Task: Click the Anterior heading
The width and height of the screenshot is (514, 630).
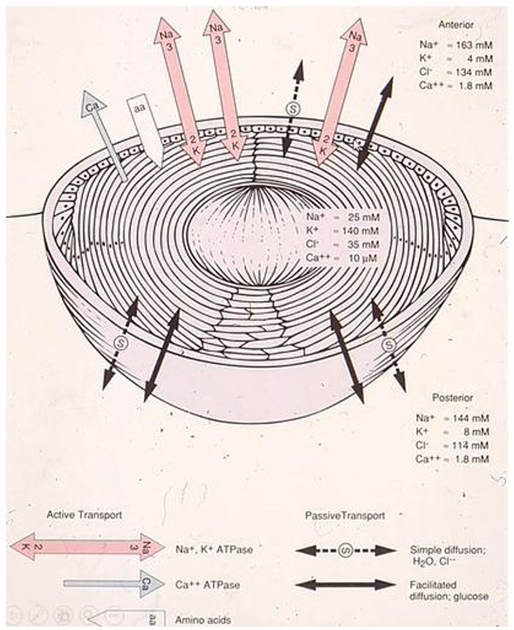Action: point(456,24)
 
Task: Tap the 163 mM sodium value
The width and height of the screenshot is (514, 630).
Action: point(474,45)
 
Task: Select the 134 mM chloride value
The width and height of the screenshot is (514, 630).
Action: point(474,72)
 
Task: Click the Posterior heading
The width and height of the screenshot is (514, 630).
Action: point(453,398)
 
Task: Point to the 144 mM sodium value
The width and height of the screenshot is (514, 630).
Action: point(471,418)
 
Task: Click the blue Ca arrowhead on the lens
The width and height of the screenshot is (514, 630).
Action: point(93,104)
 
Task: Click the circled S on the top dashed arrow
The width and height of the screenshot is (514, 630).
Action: point(291,108)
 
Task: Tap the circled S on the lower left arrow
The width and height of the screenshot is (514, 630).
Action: point(120,343)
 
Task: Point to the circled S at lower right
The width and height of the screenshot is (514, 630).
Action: point(388,344)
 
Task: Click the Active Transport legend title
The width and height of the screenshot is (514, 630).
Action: point(85,514)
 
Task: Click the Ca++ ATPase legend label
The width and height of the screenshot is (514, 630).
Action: point(208,584)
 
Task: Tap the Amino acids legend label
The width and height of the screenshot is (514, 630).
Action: point(203,620)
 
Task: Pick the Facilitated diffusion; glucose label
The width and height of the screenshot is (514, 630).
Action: point(449,591)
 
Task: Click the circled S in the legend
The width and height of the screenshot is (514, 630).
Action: point(346,550)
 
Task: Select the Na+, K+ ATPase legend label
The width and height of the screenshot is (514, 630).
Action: point(214,549)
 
